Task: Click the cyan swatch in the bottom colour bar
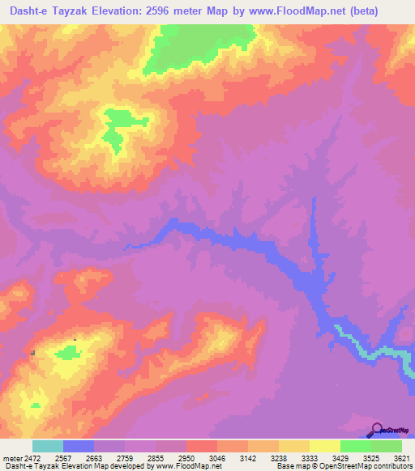click(48, 446)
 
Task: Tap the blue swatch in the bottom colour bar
click(79, 446)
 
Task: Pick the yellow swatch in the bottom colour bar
click(325, 446)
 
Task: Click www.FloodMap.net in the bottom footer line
click(186, 466)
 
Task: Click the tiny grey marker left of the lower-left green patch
click(32, 353)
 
